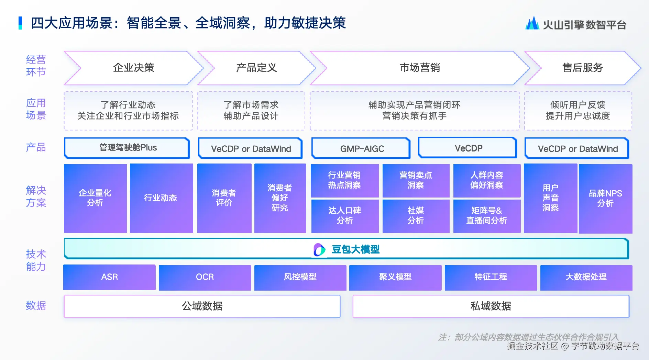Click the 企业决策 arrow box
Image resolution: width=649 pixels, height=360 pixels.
point(134,68)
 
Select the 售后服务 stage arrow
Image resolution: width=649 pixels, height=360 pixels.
point(583,68)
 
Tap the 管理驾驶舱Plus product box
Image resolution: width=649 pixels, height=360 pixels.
point(127,148)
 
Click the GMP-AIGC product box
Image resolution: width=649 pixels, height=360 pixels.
point(361,148)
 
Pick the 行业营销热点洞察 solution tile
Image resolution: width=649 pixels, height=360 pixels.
point(344,180)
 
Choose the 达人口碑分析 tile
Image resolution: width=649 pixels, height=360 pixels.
point(344,216)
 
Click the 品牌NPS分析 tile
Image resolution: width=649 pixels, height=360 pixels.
point(605,199)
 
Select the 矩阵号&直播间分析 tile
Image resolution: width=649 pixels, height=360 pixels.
point(487,216)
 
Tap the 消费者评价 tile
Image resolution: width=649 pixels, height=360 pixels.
point(224,198)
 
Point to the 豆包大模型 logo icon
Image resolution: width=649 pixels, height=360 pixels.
point(319,250)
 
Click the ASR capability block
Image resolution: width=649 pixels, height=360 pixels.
point(109,277)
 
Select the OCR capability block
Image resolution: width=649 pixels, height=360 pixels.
point(205,277)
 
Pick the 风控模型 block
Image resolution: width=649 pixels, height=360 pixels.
point(300,277)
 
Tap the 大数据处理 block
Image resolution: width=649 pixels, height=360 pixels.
point(586,277)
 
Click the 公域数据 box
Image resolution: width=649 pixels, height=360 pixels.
point(202,306)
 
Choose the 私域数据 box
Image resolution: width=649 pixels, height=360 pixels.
point(491,306)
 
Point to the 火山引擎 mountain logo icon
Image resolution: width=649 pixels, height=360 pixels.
point(532,23)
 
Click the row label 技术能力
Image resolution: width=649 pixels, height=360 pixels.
point(36,260)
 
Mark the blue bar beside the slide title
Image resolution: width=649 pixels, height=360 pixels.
point(20,23)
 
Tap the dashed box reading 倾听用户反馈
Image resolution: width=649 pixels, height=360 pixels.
point(578,111)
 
